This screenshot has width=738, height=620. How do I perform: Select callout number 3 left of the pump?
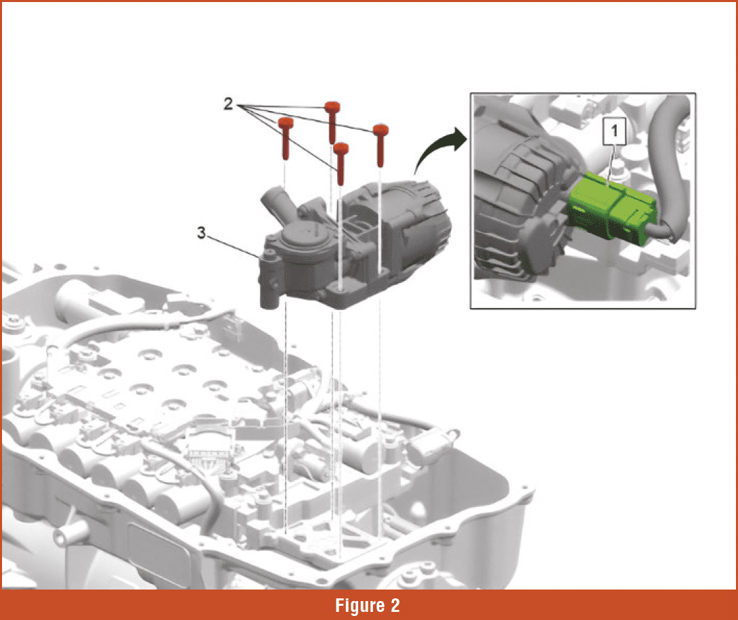tap(201, 233)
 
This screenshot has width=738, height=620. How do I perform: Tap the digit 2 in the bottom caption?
tap(394, 604)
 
